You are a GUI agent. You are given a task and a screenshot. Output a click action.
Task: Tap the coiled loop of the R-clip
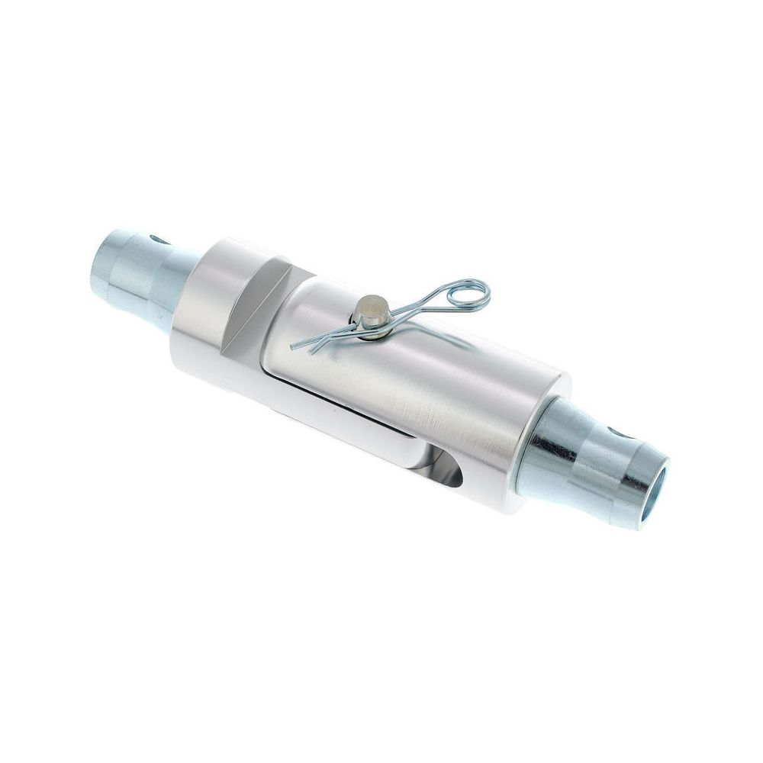pyautogui.click(x=467, y=293)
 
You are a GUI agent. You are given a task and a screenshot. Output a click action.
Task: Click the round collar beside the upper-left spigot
pyautogui.click(x=198, y=305)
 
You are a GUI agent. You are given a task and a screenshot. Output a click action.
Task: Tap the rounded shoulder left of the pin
pyautogui.click(x=305, y=313)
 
